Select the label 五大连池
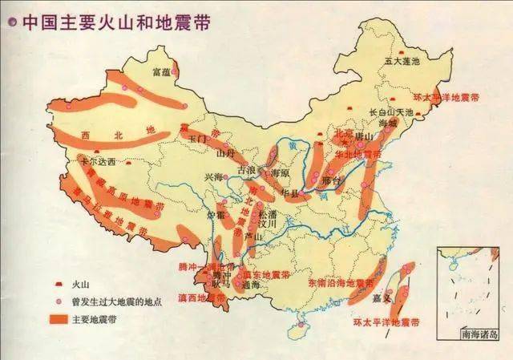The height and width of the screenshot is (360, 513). point(403,61)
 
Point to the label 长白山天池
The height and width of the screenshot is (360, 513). point(390,112)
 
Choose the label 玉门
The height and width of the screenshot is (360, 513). point(197,139)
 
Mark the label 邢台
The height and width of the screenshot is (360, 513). point(330,181)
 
